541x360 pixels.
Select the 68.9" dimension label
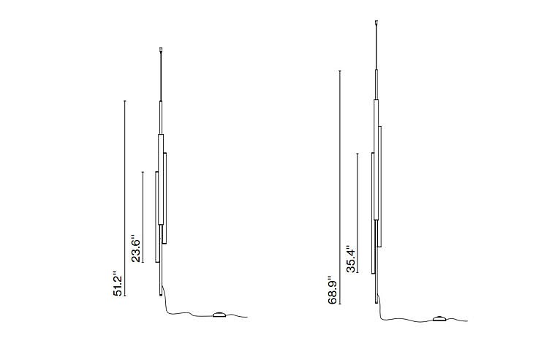pos(333,290)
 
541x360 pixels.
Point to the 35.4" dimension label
pos(350,259)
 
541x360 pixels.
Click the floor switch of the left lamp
pos(219,315)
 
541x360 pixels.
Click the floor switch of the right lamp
pos(439,318)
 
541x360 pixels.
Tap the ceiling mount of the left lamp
pos(161,50)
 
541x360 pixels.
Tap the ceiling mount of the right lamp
pos(376,23)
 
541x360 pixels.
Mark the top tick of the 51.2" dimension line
pos(125,101)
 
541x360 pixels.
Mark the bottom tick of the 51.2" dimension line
pos(125,296)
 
